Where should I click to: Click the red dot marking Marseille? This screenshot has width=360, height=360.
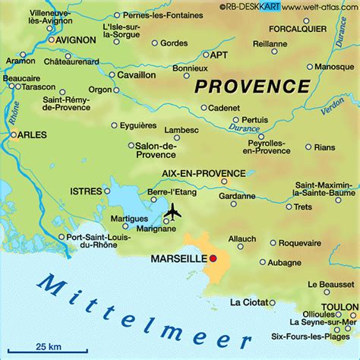pos(213,260)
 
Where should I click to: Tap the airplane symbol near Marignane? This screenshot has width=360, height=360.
pos(174,213)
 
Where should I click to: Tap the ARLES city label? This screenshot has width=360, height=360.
pos(31,135)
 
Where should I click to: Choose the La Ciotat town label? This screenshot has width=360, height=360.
pos(246,302)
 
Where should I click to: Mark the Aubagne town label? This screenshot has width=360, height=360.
pos(287,262)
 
